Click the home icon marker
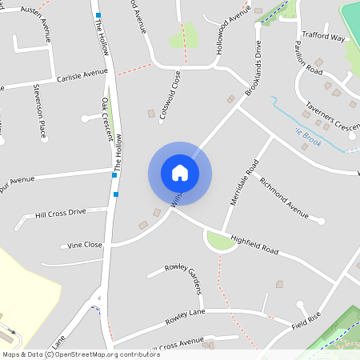[180, 173]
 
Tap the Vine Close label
[85, 245]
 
